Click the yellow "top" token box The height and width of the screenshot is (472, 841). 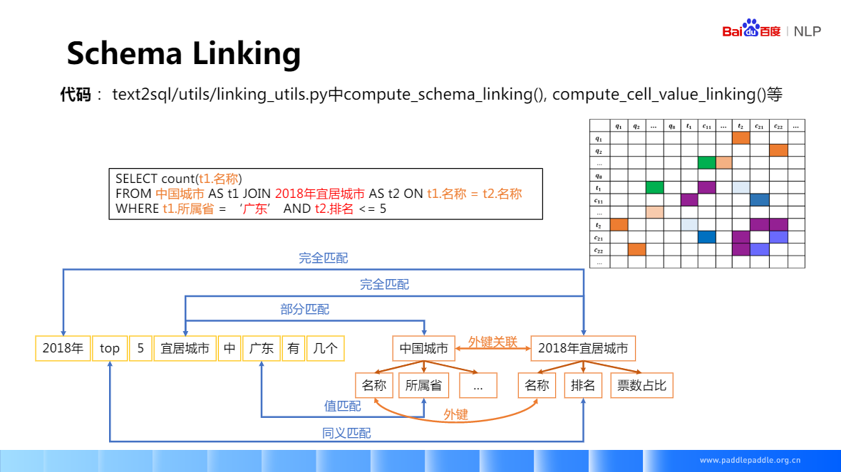pos(110,348)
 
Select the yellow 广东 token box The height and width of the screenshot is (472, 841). pos(261,348)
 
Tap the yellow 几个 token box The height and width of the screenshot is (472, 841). pos(325,348)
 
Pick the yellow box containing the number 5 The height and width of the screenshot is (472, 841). pos(140,348)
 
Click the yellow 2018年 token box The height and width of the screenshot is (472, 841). pos(63,348)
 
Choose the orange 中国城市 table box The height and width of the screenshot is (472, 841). pos(423,348)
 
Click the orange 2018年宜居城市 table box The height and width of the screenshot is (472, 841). pos(583,348)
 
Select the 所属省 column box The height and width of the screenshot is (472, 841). pos(423,385)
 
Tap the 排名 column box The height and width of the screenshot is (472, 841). pos(583,385)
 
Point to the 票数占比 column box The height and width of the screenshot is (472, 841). pos(641,385)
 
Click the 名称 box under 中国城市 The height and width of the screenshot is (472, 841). pos(374,385)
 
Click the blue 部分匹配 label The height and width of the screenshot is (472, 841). pos(305,310)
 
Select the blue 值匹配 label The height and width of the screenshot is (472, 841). pos(342,406)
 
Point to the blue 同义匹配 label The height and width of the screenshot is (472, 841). pos(346,432)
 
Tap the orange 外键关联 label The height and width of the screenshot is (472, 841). pos(492,342)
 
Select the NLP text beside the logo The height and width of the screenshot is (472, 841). pos(808,31)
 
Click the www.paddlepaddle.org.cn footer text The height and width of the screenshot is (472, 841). pos(750,460)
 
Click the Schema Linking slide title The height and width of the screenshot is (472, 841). pos(184,53)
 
